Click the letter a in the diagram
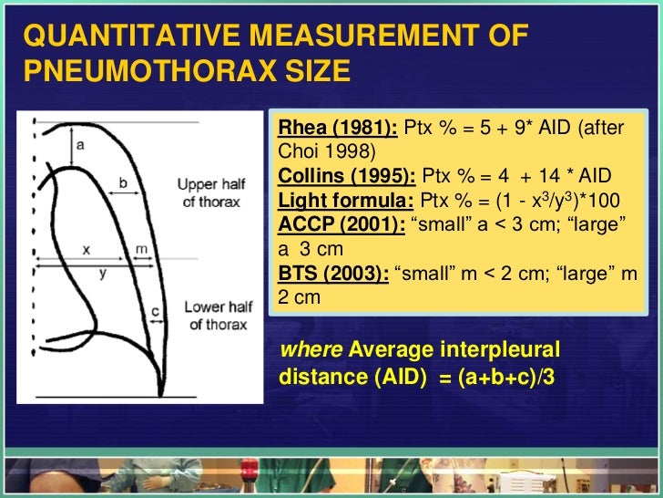point(81,143)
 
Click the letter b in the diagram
point(122,182)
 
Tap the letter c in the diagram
point(155,311)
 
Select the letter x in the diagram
point(86,248)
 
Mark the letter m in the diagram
point(141,248)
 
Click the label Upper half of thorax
point(209,192)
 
